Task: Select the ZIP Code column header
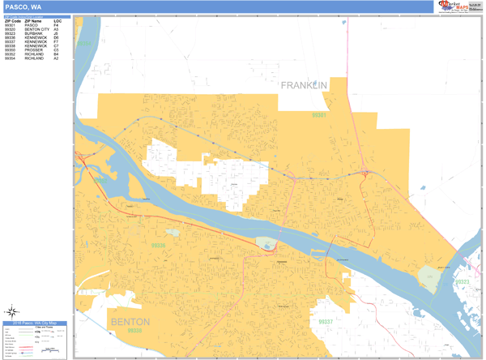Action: (12, 20)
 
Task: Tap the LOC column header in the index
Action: (57, 20)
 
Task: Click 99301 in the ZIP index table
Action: (10, 25)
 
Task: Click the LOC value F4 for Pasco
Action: (56, 25)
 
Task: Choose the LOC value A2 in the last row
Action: (56, 58)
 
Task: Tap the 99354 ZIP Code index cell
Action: (10, 58)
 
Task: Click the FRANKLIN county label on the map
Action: (304, 85)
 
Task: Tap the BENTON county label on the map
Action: (130, 322)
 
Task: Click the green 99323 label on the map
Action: (462, 281)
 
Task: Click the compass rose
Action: (14, 311)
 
